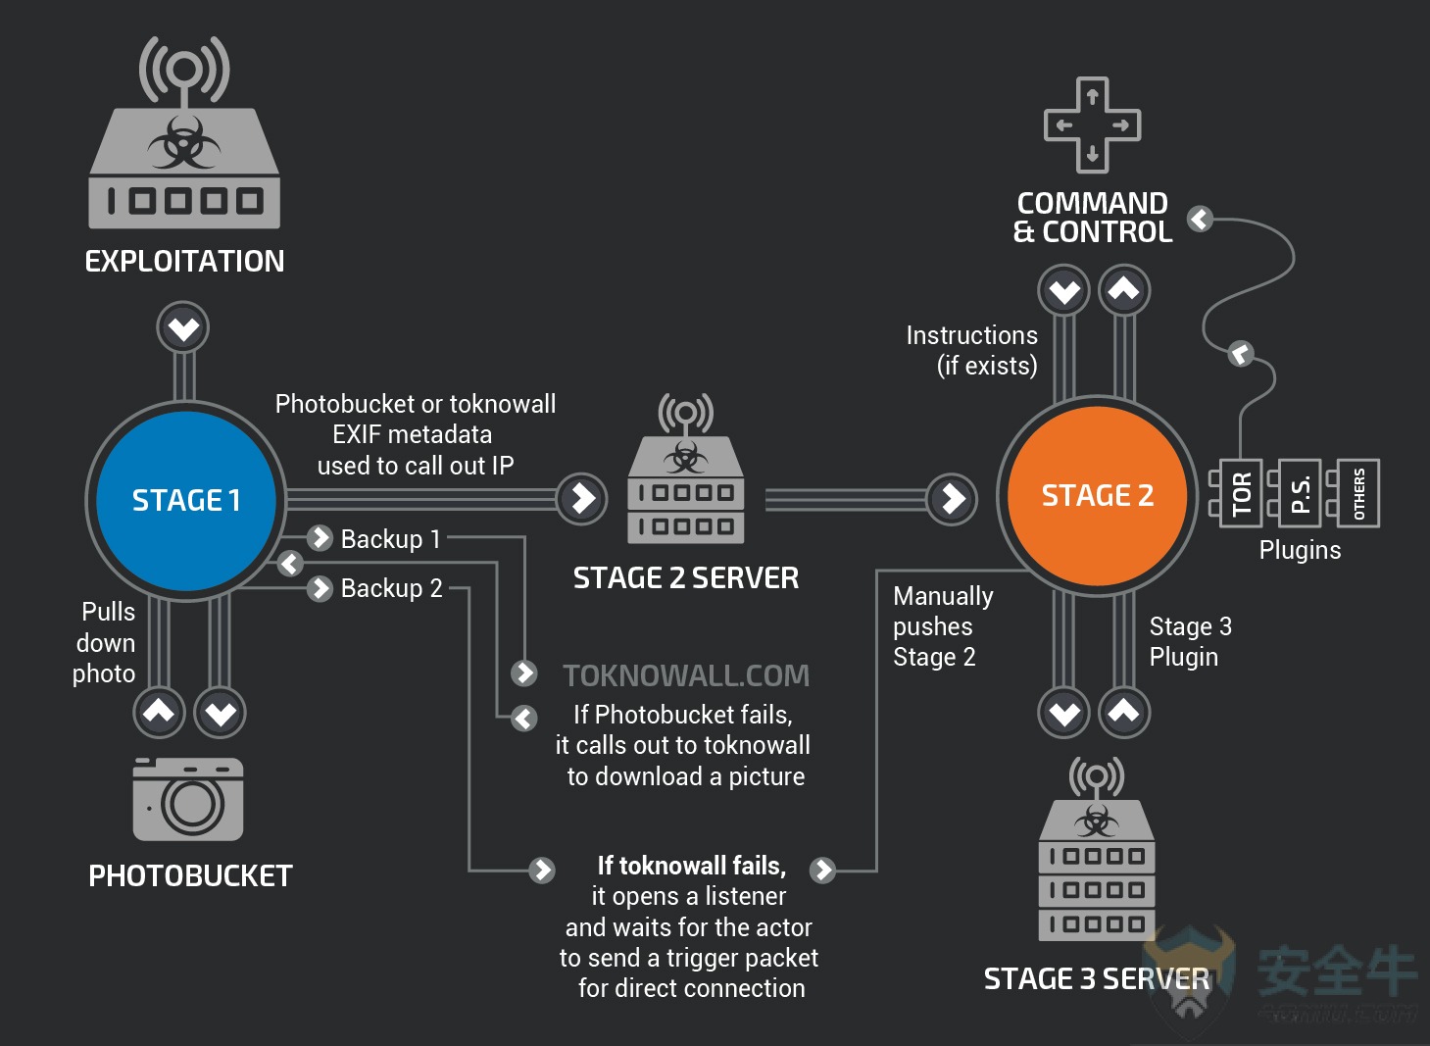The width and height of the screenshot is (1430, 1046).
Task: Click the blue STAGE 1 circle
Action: (x=186, y=501)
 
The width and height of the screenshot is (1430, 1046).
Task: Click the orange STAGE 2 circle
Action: (x=1097, y=496)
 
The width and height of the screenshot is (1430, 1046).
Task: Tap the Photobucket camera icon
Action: (x=187, y=799)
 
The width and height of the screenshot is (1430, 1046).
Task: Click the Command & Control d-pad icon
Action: (x=1092, y=125)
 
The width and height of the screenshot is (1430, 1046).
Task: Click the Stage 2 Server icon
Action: (x=686, y=469)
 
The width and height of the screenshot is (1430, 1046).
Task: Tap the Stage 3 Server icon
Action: (x=1096, y=849)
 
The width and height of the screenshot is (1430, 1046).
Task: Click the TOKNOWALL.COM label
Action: (x=686, y=675)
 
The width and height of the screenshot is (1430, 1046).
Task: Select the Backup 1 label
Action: (x=391, y=539)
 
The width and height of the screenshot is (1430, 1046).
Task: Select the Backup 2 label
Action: (x=391, y=588)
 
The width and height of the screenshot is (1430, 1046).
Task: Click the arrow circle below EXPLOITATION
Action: (x=183, y=328)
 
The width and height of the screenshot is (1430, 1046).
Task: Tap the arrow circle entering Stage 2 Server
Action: (x=581, y=499)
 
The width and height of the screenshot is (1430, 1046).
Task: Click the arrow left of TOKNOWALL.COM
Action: (x=524, y=673)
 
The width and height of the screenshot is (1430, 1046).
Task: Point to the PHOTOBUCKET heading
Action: (x=190, y=875)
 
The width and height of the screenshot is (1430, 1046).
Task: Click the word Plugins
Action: (x=1300, y=551)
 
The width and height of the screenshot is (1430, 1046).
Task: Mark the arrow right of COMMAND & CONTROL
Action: (x=1201, y=219)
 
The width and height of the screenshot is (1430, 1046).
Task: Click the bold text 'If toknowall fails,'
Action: (x=692, y=866)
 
